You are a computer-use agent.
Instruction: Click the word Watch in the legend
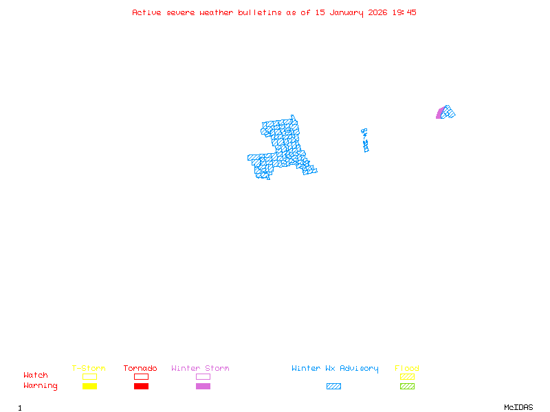36,376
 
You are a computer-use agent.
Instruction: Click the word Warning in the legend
41,386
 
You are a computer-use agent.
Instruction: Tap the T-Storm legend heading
89,369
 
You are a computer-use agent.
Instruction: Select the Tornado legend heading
140,369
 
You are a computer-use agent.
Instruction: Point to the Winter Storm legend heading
200,369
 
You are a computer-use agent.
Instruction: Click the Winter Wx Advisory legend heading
335,369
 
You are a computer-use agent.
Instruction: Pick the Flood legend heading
407,369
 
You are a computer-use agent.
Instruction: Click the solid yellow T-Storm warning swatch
89,387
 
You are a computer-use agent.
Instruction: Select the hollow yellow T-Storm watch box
89,376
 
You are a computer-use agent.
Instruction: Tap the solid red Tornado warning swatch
141,387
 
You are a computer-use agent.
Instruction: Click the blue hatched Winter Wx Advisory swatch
333,387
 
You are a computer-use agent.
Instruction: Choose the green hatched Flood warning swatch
407,387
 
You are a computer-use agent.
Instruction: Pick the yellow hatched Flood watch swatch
407,376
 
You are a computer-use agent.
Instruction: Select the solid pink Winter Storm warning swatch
203,387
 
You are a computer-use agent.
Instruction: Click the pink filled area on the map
439,114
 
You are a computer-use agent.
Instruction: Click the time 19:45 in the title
404,12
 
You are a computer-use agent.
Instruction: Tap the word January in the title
346,12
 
